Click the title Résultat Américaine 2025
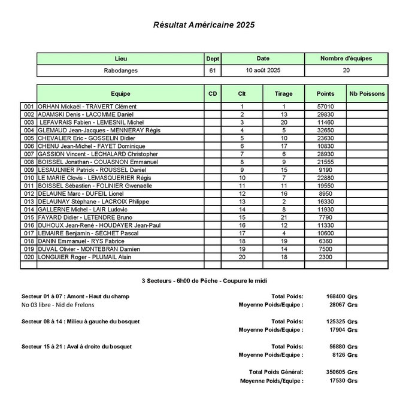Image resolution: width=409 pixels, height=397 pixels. tap(204, 25)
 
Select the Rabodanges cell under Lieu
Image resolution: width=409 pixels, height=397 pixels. tap(120, 71)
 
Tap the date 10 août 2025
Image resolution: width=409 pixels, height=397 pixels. tap(263, 71)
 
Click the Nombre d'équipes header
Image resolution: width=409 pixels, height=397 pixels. tap(346, 59)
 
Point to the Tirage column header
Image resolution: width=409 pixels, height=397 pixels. tap(283, 94)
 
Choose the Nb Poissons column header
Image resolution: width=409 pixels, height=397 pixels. tap(367, 94)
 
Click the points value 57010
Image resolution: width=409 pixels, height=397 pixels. tap(325, 106)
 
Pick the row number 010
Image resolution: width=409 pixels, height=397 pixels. tap(29, 178)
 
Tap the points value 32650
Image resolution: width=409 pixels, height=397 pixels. tap(325, 130)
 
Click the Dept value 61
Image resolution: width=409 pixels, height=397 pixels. tap(212, 71)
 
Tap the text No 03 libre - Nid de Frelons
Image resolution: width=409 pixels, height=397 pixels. tap(57, 305)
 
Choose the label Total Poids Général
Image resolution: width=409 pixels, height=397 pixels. tap(275, 372)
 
